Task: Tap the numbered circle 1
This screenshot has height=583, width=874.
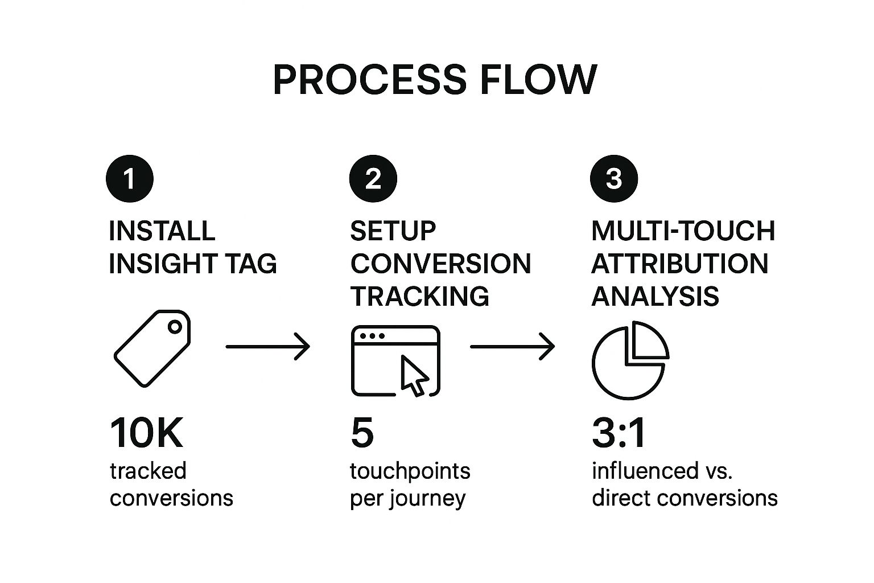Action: (x=130, y=179)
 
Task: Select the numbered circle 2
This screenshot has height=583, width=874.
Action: (x=373, y=179)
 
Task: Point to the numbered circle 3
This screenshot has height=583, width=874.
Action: (x=614, y=179)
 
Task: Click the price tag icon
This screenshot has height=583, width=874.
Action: (x=152, y=348)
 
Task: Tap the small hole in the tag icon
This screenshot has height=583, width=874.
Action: (x=175, y=327)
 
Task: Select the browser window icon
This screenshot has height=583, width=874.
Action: (x=395, y=360)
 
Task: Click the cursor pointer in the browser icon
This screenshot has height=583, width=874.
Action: (x=414, y=375)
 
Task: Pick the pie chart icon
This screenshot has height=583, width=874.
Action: (x=629, y=360)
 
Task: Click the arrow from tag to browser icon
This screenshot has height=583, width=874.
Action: (x=268, y=346)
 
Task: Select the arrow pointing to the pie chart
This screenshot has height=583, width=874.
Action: (x=512, y=346)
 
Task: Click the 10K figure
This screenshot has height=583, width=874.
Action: (x=146, y=434)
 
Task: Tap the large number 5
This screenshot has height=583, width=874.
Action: (x=362, y=434)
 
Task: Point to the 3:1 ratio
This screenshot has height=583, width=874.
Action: (x=619, y=434)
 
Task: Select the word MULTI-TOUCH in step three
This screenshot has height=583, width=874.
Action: (x=683, y=231)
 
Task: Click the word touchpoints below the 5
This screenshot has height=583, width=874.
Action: (x=410, y=471)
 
